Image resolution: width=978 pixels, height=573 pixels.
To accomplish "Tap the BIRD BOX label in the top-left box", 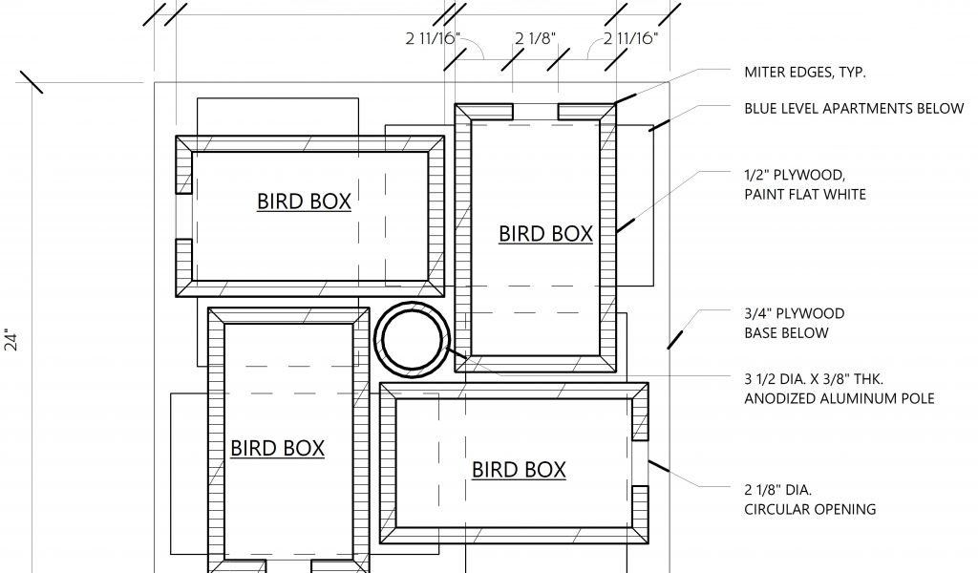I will (304, 202).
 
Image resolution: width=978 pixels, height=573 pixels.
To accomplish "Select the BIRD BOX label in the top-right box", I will (545, 234).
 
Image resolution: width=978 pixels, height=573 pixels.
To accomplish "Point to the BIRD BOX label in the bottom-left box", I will (277, 448).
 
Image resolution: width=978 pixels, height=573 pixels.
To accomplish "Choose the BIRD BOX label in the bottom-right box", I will (519, 469).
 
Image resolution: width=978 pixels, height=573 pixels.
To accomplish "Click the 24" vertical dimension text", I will (11, 341).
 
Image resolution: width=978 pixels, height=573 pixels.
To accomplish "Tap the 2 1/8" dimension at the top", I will (535, 39).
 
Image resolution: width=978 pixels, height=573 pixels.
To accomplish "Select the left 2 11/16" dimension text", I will (433, 39).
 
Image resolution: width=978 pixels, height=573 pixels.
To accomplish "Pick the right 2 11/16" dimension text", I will (630, 39).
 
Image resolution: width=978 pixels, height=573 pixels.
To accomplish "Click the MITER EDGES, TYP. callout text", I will (805, 72).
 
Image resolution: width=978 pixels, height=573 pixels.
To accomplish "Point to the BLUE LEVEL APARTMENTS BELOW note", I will (854, 108).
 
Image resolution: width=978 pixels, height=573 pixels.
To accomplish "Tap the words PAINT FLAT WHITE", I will (805, 195).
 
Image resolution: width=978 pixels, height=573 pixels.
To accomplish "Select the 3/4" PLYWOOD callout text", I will (795, 313).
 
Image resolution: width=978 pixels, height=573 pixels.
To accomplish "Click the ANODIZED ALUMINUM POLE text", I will (840, 398).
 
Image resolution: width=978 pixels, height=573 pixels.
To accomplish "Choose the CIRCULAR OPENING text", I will (810, 509).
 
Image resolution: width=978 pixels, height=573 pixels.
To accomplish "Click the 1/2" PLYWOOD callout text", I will (795, 174).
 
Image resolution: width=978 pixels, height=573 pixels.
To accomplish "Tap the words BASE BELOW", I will (787, 333).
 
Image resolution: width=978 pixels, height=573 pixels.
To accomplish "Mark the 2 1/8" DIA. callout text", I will (779, 488).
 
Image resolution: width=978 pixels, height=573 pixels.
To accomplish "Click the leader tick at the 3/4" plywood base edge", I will (675, 337).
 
